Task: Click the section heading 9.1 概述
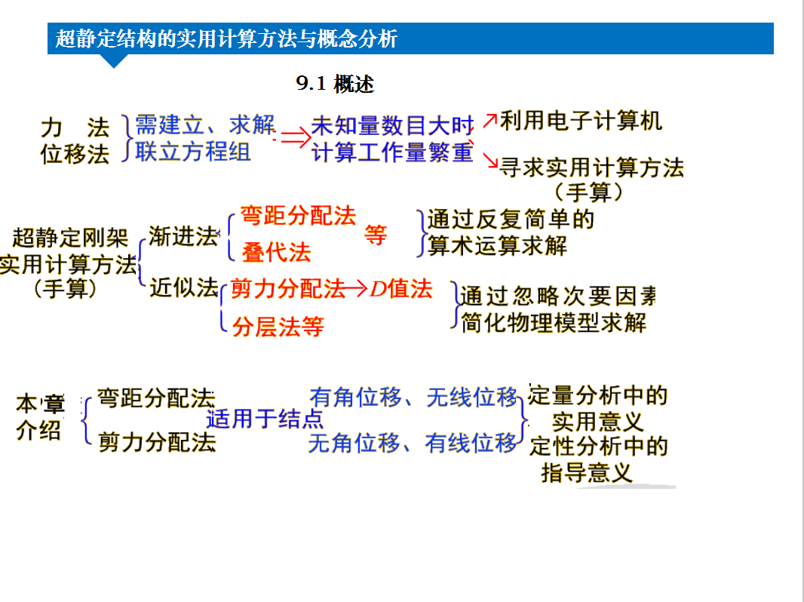[336, 84]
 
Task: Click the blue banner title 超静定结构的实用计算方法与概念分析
[226, 39]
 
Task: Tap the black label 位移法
[75, 154]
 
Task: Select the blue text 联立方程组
[193, 152]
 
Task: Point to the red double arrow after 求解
[296, 137]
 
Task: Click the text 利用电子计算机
[581, 121]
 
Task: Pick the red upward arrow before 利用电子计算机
[490, 121]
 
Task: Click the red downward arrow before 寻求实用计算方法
[491, 161]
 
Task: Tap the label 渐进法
[183, 237]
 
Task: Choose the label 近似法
[183, 287]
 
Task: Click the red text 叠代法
[276, 253]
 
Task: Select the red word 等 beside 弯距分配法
[376, 235]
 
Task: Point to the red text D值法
[401, 289]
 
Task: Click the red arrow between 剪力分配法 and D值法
[356, 289]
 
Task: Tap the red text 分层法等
[278, 327]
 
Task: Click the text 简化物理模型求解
[554, 323]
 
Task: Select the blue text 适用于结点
[265, 419]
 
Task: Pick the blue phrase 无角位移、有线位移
[413, 443]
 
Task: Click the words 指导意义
[587, 472]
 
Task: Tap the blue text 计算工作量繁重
[392, 152]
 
